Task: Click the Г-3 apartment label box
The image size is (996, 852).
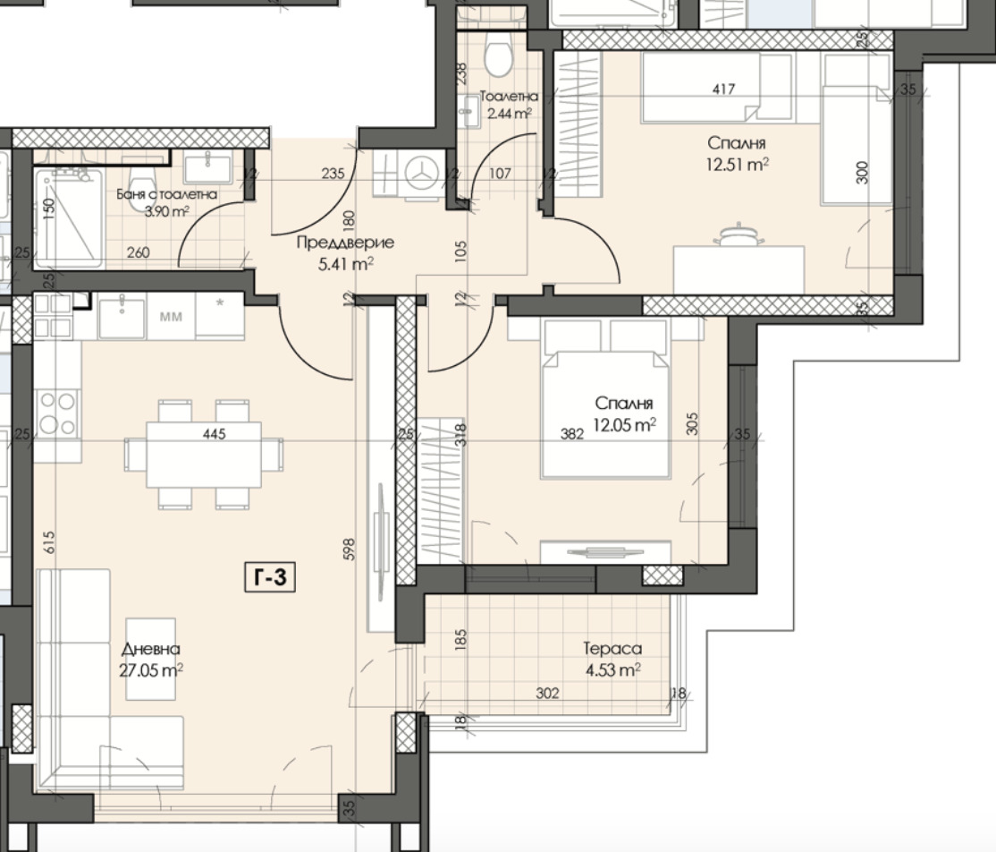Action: [x=270, y=577]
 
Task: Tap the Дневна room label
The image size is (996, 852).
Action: [x=150, y=649]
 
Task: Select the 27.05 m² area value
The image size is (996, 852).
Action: [x=151, y=670]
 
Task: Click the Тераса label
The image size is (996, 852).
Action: [x=612, y=649]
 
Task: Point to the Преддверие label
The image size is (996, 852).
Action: [x=345, y=243]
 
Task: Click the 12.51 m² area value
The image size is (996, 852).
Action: [x=737, y=165]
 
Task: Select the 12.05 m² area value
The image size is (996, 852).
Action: [x=624, y=425]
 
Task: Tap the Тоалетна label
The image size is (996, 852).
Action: [x=509, y=97]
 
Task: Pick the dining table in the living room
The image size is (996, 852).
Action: [x=204, y=454]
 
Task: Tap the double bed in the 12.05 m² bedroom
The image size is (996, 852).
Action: [x=605, y=397]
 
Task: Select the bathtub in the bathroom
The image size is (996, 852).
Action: [x=68, y=218]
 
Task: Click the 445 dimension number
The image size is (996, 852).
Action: [x=214, y=434]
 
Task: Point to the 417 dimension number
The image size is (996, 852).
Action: [x=723, y=89]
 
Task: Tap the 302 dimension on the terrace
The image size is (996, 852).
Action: [x=547, y=693]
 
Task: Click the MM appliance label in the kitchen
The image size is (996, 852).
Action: [x=170, y=317]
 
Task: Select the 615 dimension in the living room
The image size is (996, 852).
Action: [x=50, y=542]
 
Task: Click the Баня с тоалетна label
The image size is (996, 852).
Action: [x=166, y=194]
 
